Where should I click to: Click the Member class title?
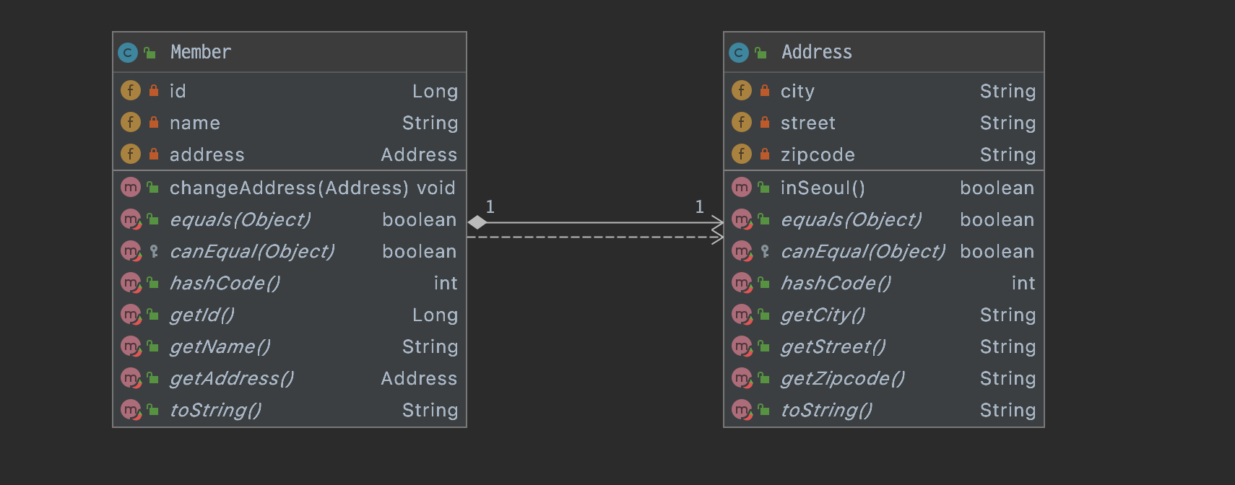[x=201, y=52]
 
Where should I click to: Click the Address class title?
[x=817, y=52]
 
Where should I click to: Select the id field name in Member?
[x=178, y=91]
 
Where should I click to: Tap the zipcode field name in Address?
[x=818, y=155]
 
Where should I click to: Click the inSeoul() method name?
[x=823, y=188]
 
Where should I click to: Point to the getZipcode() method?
[x=842, y=379]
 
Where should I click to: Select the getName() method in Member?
[x=220, y=346]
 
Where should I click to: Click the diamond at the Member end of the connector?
[x=477, y=223]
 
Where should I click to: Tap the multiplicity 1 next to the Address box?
[x=700, y=206]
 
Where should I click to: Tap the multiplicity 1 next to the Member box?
[x=490, y=206]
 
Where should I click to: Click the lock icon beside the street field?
[x=765, y=123]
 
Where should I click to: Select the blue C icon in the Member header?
[x=128, y=53]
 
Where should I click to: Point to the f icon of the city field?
[x=742, y=90]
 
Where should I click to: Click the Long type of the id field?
[x=435, y=91]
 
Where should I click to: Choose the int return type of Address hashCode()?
[x=1023, y=283]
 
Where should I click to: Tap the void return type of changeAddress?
[x=436, y=188]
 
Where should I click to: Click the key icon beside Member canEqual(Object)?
[x=154, y=251]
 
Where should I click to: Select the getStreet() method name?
[x=833, y=346]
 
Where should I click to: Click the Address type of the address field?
[x=419, y=155]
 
